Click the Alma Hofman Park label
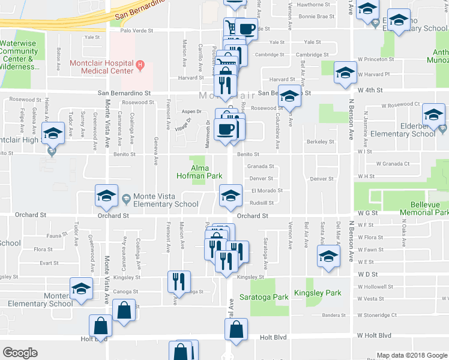point(199,172)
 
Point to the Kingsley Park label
point(318,293)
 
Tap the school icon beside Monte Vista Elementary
point(106,196)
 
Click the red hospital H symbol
point(139,64)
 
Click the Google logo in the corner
point(20,353)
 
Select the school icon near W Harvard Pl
point(345,73)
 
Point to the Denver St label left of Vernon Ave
point(262,178)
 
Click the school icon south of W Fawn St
point(328,257)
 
